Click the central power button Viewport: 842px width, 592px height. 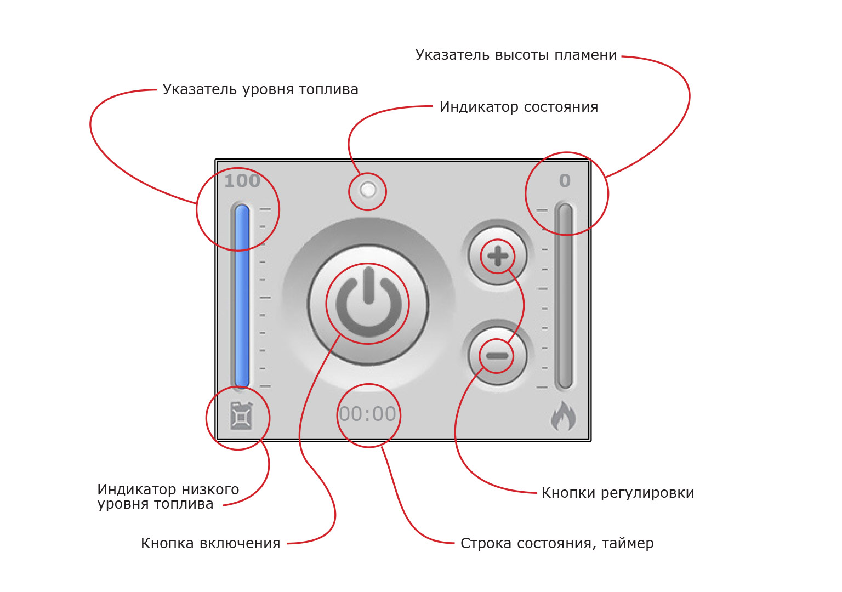pyautogui.click(x=368, y=304)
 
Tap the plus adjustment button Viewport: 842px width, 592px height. pyautogui.click(x=497, y=256)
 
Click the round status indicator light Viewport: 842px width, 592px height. pyautogui.click(x=368, y=190)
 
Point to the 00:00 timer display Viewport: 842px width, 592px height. pyautogui.click(x=368, y=414)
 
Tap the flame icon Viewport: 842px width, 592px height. pyautogui.click(x=564, y=417)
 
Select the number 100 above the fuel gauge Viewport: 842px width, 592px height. pyautogui.click(x=242, y=181)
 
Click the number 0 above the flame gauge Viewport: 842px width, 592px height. pyautogui.click(x=565, y=181)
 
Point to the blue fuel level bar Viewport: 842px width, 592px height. pyautogui.click(x=242, y=296)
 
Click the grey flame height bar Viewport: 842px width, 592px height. pyautogui.click(x=565, y=296)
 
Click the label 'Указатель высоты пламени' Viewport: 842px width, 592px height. pyautogui.click(x=516, y=55)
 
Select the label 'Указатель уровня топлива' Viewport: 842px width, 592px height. pyautogui.click(x=260, y=90)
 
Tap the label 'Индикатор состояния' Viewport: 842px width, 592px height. pyautogui.click(x=519, y=107)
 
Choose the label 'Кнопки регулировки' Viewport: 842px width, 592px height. pyautogui.click(x=618, y=493)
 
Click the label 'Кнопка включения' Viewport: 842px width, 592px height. pyautogui.click(x=210, y=543)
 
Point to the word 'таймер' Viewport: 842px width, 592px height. pyautogui.click(x=628, y=544)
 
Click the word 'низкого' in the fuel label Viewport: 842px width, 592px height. pyautogui.click(x=210, y=489)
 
